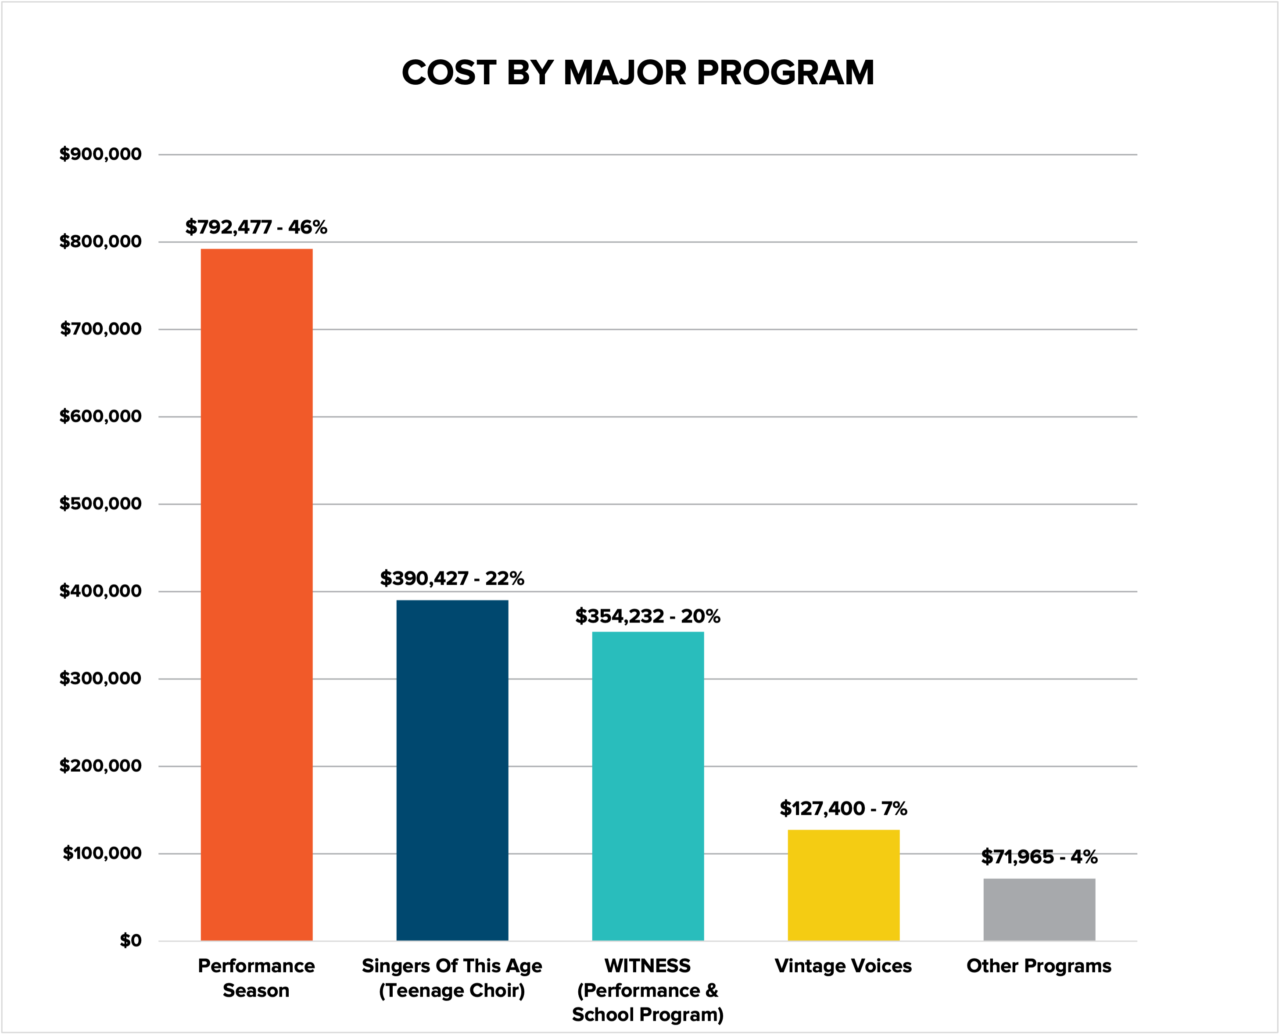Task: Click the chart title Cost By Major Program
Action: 638,73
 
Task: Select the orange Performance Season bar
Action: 257,594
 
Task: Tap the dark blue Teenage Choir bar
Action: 452,770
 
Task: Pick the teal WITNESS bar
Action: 648,786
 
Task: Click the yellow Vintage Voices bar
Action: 843,885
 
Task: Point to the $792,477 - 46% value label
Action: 256,227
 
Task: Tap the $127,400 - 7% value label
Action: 843,809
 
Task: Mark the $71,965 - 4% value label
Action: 1039,857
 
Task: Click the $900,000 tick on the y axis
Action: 100,154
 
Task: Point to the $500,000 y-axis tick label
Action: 100,504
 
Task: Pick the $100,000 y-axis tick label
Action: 102,853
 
